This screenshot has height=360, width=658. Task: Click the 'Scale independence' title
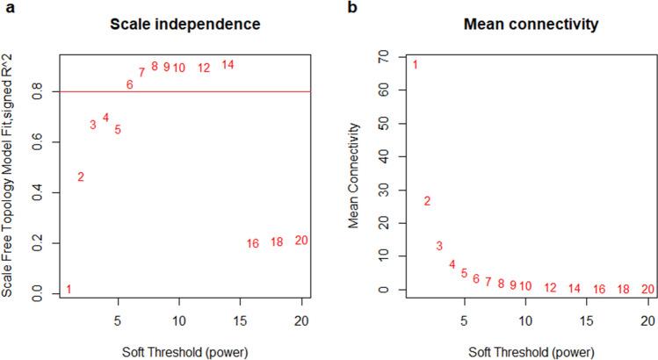[x=184, y=25]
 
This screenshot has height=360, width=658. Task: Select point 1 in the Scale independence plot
[x=69, y=290]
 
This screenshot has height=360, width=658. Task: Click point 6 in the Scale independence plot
[x=129, y=84]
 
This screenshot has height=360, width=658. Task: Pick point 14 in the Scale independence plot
[x=228, y=65]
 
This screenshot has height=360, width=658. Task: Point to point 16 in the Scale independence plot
[x=253, y=243]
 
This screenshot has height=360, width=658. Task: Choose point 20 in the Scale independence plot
[x=301, y=241]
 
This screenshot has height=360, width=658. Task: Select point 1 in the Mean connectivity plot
[x=415, y=65]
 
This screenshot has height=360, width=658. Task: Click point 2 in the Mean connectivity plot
[x=427, y=201]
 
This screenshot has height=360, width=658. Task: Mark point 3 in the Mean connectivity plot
[x=439, y=246]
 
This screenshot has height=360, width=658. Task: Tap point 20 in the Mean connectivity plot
[x=647, y=289]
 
